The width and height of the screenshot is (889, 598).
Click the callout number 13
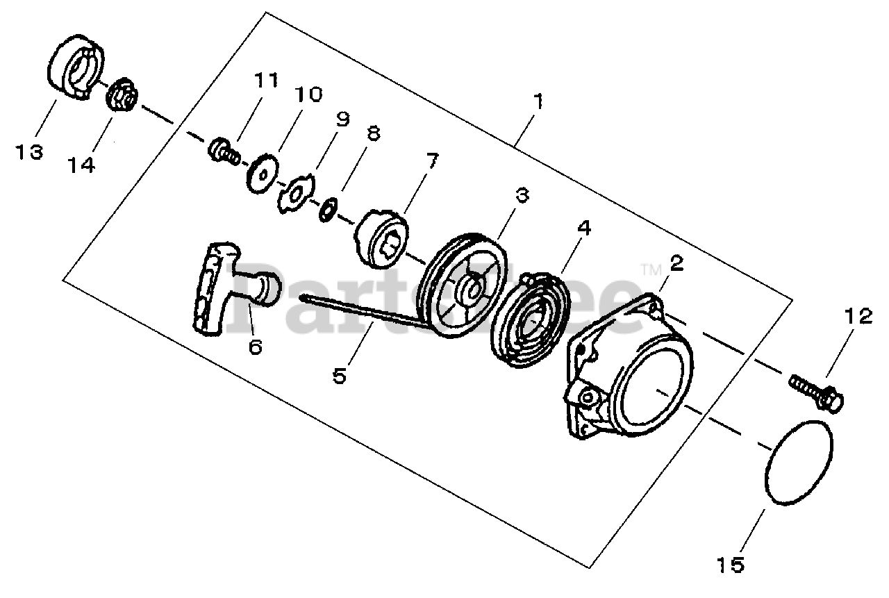pyautogui.click(x=30, y=151)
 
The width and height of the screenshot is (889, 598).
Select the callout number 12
pyautogui.click(x=858, y=317)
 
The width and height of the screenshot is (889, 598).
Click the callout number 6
pyautogui.click(x=255, y=347)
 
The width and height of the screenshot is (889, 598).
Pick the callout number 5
pyautogui.click(x=339, y=376)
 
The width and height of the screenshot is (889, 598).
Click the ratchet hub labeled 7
pyautogui.click(x=383, y=236)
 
